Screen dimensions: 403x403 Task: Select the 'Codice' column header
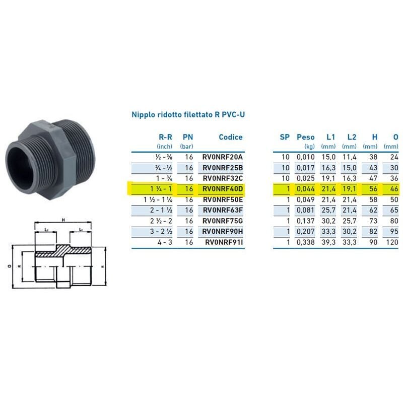click(230, 137)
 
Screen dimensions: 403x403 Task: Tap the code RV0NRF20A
click(222, 157)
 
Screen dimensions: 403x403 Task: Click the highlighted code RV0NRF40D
click(222, 189)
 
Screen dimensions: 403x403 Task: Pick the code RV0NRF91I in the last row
click(224, 242)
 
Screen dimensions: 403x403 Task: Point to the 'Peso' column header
click(305, 137)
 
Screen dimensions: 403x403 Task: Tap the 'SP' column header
click(285, 137)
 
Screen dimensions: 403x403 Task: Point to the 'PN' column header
click(188, 137)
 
